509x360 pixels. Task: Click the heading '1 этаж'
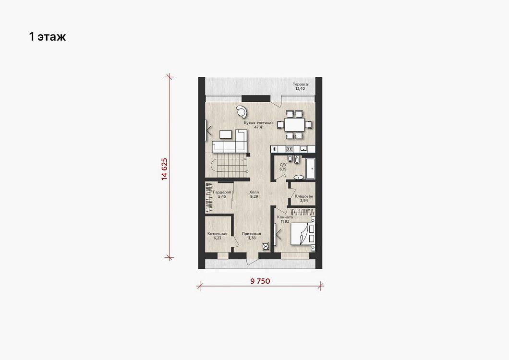[48, 36]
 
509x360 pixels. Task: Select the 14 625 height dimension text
[164, 169]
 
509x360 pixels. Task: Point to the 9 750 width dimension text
[260, 281]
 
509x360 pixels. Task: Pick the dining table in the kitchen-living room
[294, 125]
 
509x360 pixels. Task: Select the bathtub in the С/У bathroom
[311, 168]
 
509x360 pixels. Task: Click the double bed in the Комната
[303, 233]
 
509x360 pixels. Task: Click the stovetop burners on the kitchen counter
[290, 149]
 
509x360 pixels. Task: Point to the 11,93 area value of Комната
[285, 221]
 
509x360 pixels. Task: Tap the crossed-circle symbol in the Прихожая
[266, 247]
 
